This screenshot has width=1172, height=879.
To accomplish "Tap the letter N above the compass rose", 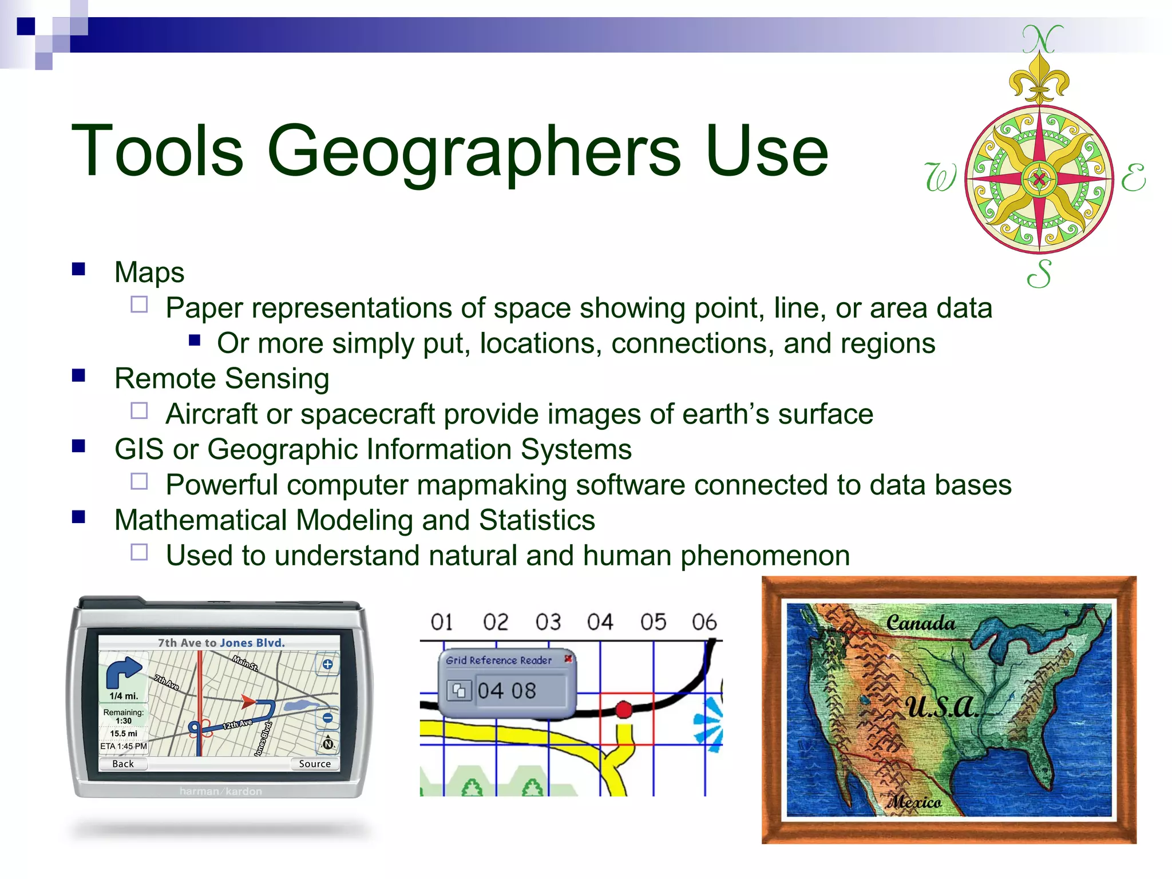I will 1042,39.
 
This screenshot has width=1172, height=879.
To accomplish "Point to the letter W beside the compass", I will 940,177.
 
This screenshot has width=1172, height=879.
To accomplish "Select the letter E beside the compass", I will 1133,177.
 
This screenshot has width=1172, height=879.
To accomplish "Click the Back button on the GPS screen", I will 123,763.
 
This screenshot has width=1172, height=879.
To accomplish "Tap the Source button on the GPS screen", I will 315,763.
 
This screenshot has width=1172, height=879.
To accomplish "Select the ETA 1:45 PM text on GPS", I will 124,746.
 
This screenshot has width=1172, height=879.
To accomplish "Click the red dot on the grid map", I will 624,710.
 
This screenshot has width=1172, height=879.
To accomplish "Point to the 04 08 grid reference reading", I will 506,691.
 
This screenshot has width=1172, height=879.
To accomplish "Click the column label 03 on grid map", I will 548,622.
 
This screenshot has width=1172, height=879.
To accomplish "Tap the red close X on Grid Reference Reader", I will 568,659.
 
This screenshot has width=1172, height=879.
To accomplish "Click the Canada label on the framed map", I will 920,623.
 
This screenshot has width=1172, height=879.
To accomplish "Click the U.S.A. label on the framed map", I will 941,708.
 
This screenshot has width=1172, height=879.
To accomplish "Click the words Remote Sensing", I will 221,378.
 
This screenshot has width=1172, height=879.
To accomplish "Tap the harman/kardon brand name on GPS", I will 220,791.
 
